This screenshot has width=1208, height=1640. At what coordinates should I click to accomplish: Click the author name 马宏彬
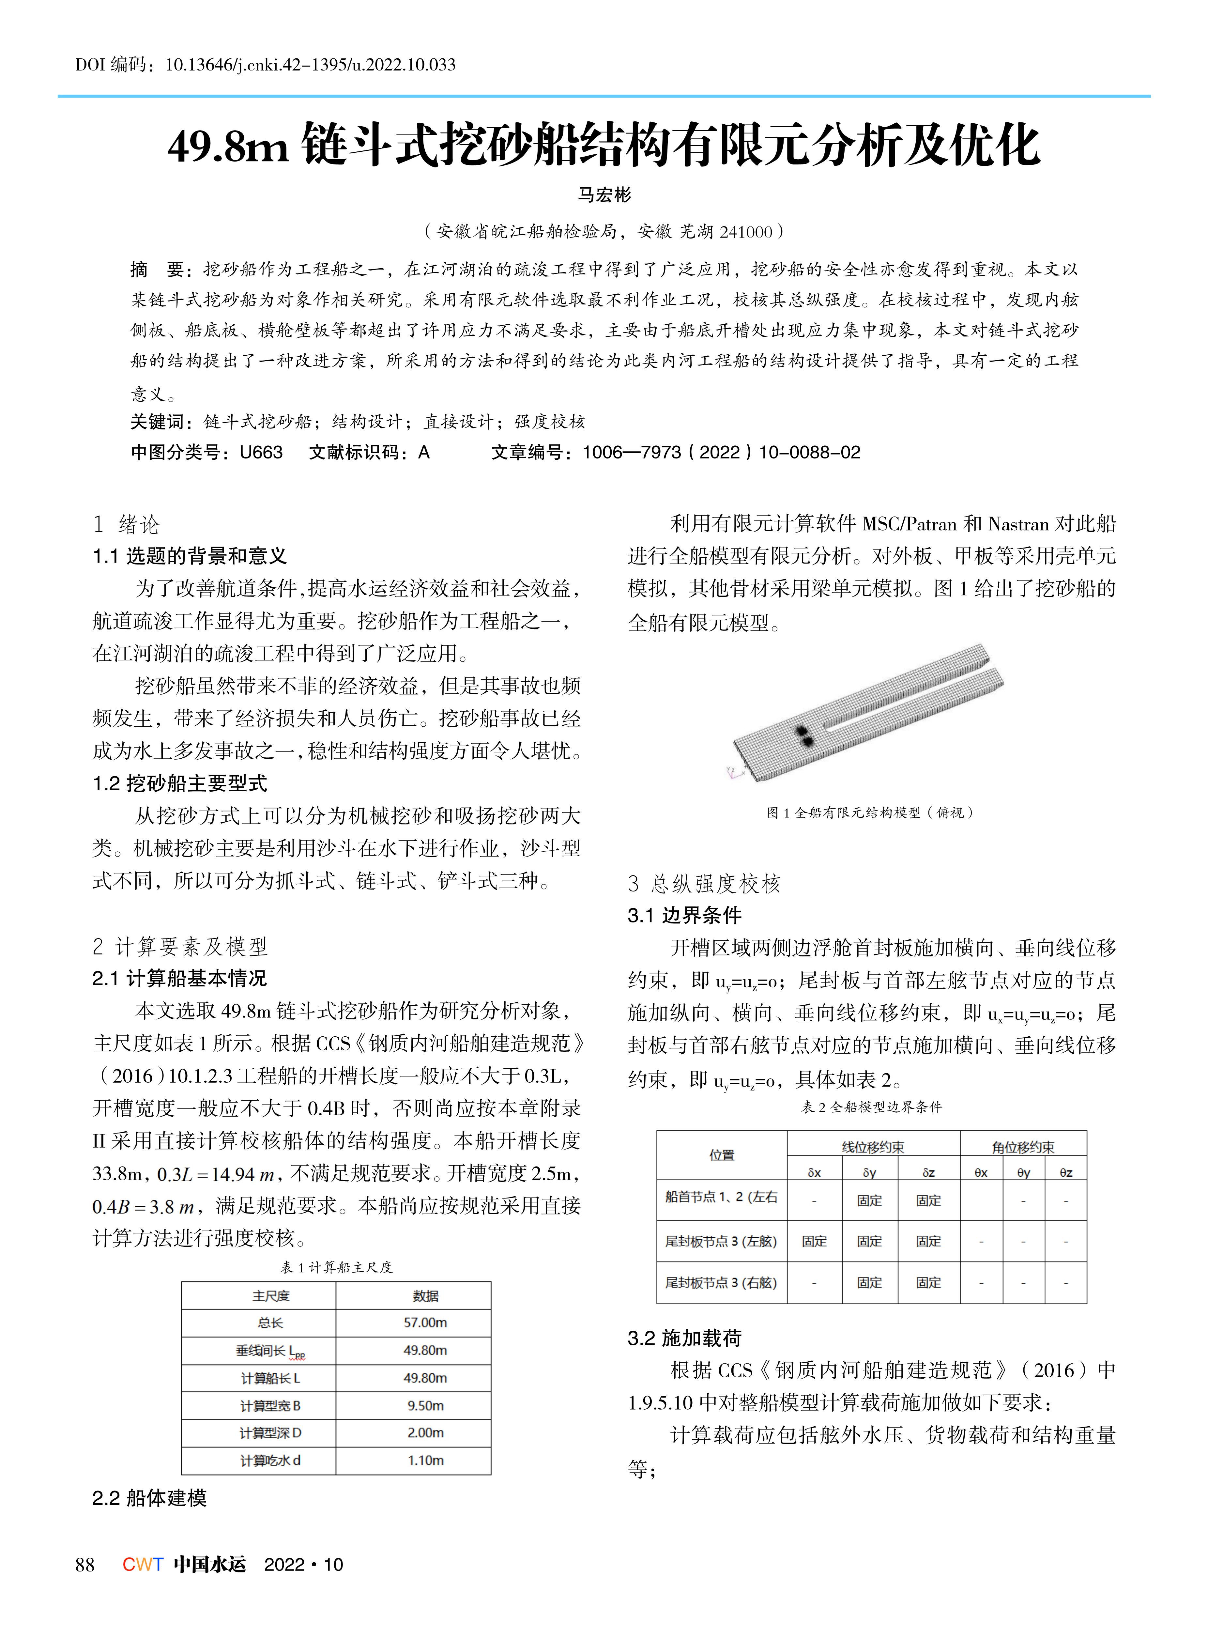(604, 194)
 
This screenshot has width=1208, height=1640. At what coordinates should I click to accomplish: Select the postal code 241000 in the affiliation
(746, 232)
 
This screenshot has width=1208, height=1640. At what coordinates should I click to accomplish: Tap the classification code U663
(261, 452)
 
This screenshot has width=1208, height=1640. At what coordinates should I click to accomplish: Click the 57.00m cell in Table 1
(425, 1323)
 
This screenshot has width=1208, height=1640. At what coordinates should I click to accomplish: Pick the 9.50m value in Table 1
(425, 1405)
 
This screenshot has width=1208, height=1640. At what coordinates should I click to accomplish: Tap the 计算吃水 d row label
(270, 1460)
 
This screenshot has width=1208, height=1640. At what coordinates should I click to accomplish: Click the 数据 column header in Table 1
(425, 1295)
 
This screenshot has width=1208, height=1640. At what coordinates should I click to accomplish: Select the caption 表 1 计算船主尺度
(336, 1267)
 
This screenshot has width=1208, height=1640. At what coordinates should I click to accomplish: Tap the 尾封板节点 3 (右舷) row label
(721, 1282)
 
